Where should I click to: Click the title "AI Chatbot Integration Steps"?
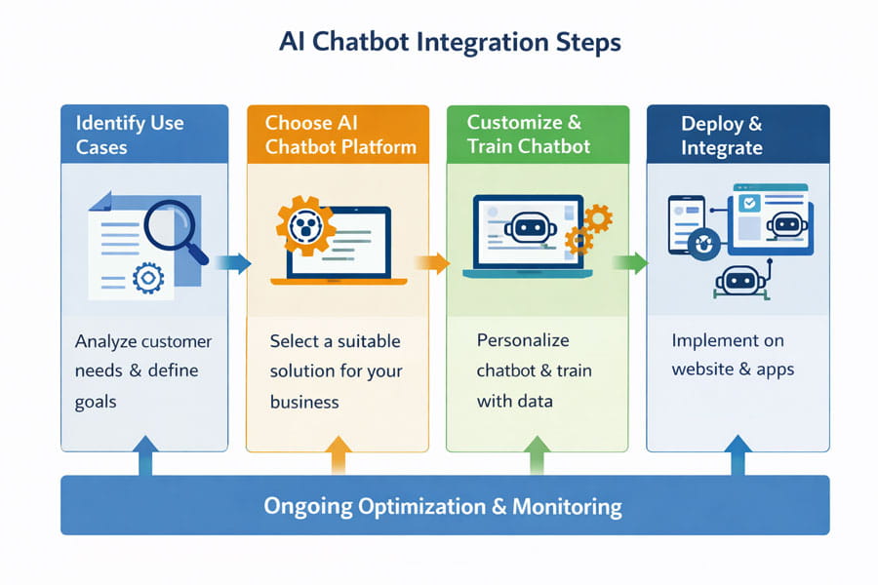point(450,43)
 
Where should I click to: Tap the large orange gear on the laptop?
point(305,226)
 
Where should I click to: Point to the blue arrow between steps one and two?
point(233,263)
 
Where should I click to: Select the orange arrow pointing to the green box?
point(432,262)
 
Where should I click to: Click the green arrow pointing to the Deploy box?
point(631,262)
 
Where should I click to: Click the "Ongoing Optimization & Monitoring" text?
point(443,506)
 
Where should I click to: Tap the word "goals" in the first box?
point(96,403)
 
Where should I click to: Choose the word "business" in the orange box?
point(304,402)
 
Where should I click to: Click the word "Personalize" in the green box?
point(523,340)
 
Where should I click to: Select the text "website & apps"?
point(733,370)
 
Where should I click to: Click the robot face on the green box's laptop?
point(530,227)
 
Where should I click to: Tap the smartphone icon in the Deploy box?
point(686,224)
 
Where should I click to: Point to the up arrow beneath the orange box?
point(339,455)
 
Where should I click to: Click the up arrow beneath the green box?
point(538,455)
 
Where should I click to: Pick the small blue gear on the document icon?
point(148,278)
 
